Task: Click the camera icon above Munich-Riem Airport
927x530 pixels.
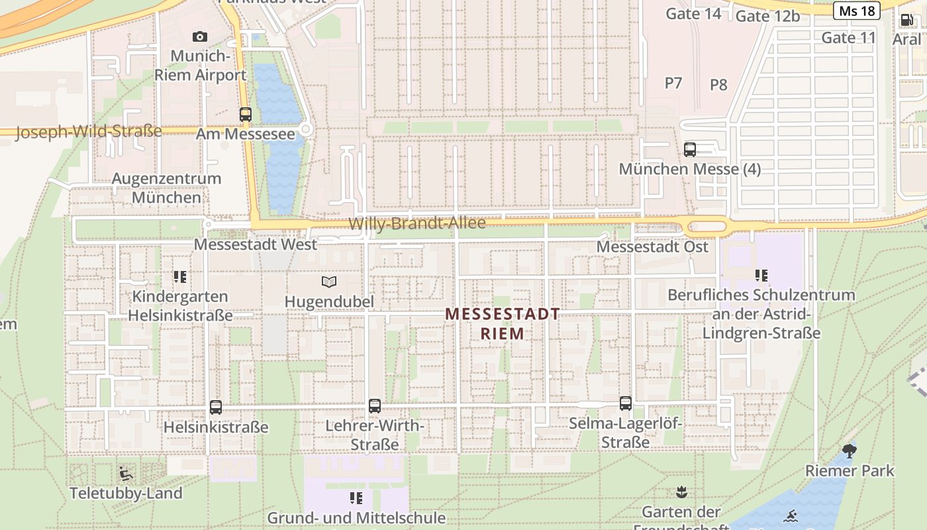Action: pos(199,36)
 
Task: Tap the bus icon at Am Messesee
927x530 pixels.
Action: pos(246,114)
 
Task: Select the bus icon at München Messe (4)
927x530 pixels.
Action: pos(690,149)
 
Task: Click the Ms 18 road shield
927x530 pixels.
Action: pos(856,11)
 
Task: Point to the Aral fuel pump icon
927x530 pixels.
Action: pos(906,20)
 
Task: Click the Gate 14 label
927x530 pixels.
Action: pos(693,13)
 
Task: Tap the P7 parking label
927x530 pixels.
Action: pos(673,83)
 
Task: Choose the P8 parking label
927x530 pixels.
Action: pos(718,85)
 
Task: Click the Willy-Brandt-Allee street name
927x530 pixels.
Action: pos(417,223)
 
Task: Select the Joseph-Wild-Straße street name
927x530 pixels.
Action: pos(88,131)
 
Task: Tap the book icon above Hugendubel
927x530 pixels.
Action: pos(329,282)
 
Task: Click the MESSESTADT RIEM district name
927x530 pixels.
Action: pos(503,323)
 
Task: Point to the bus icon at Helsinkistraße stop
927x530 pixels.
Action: pos(216,407)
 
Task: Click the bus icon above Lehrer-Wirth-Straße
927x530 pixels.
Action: pos(375,405)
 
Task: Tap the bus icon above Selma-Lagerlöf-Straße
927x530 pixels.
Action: pos(626,403)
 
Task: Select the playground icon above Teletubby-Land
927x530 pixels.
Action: pos(126,473)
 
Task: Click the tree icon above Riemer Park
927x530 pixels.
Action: pos(850,451)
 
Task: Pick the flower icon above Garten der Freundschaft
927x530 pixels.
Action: pos(681,492)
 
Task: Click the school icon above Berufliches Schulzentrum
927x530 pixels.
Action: pos(761,275)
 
